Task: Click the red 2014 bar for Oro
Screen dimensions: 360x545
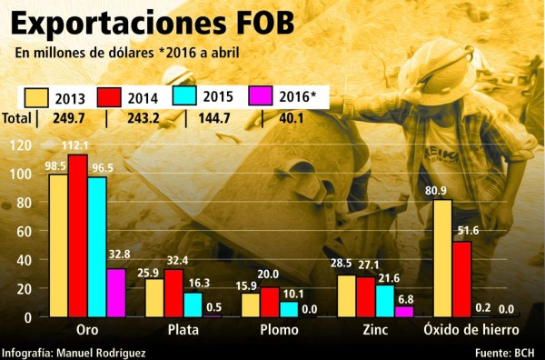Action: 78,235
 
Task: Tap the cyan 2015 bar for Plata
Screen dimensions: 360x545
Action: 193,305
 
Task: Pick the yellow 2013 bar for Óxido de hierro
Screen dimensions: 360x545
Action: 442,258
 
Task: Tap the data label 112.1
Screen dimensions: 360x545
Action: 78,145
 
